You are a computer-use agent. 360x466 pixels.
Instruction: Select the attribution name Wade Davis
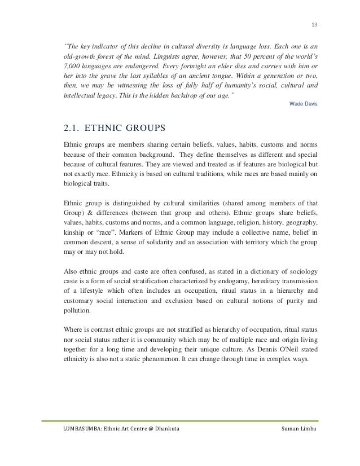point(303,105)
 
